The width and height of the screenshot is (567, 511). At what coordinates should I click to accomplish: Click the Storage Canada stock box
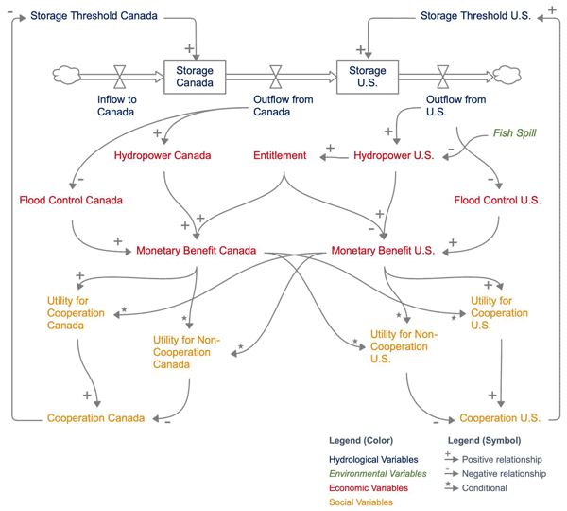195,77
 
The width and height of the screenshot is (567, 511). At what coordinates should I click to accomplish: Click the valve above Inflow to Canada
121,76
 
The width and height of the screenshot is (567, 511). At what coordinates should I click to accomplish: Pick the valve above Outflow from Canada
276,76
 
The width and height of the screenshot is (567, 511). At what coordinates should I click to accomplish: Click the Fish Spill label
516,132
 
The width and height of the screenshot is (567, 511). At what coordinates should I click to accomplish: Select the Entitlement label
280,154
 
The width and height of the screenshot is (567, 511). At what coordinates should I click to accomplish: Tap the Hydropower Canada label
163,154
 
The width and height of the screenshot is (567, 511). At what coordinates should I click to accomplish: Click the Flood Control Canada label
71,200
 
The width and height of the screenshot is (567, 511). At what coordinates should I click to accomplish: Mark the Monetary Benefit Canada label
197,251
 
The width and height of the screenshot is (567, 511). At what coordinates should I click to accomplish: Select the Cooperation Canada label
96,417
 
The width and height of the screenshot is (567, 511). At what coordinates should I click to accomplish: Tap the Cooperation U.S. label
500,417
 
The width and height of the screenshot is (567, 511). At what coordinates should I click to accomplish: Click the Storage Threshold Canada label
94,16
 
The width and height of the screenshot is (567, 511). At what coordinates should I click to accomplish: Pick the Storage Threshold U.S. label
475,16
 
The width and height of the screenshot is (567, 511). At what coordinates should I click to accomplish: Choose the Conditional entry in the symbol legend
487,488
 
